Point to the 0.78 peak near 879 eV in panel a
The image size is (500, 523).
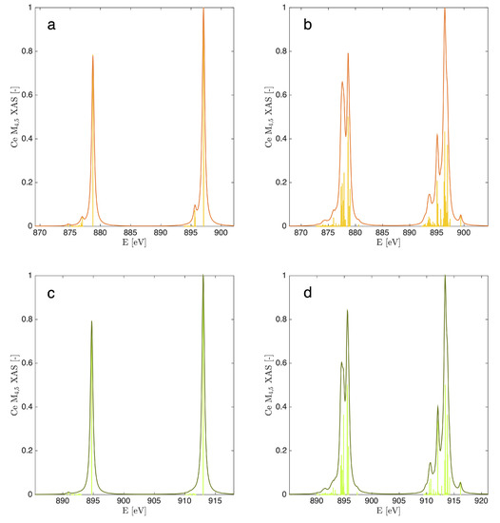point(92,56)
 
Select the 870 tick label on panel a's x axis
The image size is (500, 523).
point(40,233)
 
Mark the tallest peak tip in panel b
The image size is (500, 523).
point(445,10)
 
